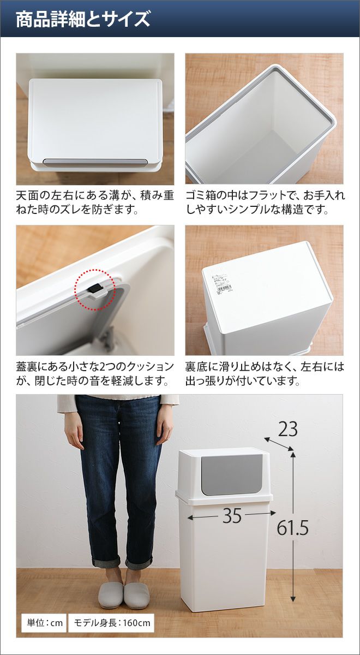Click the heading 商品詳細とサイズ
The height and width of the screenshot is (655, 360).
[x=83, y=19]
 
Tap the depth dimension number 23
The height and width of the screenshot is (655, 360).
[x=287, y=429]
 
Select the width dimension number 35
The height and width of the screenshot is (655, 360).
[x=232, y=515]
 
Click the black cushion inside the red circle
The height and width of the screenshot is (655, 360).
[x=94, y=289]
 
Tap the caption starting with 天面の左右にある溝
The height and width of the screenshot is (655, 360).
[x=95, y=202]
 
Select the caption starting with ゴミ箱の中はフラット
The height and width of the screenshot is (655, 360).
[x=265, y=202]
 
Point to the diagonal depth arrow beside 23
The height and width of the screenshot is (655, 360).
[x=279, y=444]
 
